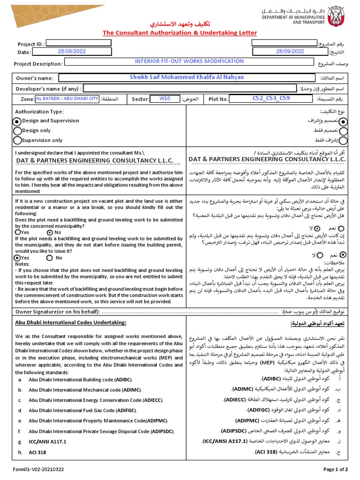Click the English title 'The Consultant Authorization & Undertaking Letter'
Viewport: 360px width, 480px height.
180,33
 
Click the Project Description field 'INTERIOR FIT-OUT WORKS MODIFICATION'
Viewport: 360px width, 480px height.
189,61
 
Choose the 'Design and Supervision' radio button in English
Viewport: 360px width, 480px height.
18,121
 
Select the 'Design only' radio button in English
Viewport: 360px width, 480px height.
18,130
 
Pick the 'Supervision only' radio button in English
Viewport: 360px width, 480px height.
18,140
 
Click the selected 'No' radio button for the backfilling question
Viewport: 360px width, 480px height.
50,232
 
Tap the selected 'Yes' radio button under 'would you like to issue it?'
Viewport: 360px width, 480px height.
18,258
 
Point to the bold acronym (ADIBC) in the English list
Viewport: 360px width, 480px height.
124,379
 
